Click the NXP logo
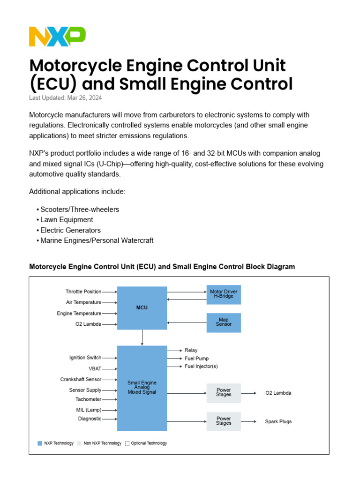[57, 37]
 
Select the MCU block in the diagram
[142, 308]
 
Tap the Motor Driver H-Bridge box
[224, 294]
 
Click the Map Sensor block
[224, 322]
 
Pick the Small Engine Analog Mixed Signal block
[142, 388]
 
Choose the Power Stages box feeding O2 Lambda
[224, 393]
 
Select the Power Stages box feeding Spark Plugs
[224, 421]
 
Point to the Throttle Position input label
[83, 292]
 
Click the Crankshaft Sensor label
[81, 380]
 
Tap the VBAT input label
[95, 369]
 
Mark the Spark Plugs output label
[278, 421]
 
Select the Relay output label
[191, 350]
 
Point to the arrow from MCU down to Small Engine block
[142, 337]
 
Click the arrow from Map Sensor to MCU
[187, 322]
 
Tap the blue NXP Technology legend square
[40, 443]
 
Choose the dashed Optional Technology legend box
[127, 443]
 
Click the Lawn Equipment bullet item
[67, 220]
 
